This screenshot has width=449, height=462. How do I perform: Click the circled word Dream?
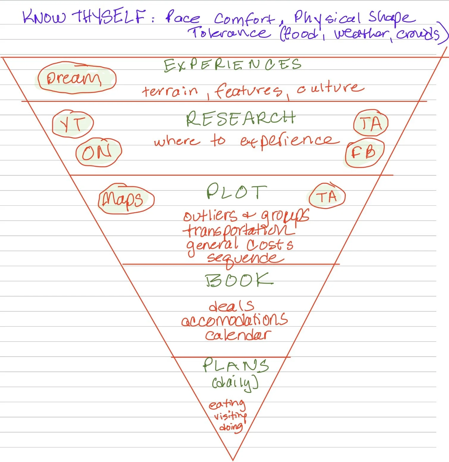click(x=74, y=78)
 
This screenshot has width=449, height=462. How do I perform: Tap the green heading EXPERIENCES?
click(x=232, y=65)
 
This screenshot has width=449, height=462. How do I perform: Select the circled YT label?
click(x=72, y=124)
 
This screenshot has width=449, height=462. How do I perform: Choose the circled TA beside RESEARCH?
click(x=371, y=123)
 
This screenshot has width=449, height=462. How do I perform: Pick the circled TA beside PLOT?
click(x=327, y=196)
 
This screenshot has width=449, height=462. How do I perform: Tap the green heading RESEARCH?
click(x=240, y=118)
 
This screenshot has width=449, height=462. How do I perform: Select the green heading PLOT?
click(x=237, y=191)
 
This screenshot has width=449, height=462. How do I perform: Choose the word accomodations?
click(x=234, y=320)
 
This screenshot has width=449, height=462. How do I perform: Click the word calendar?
click(x=238, y=335)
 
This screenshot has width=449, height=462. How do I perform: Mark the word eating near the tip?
click(x=227, y=404)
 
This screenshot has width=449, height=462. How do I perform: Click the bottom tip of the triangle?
click(x=233, y=460)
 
